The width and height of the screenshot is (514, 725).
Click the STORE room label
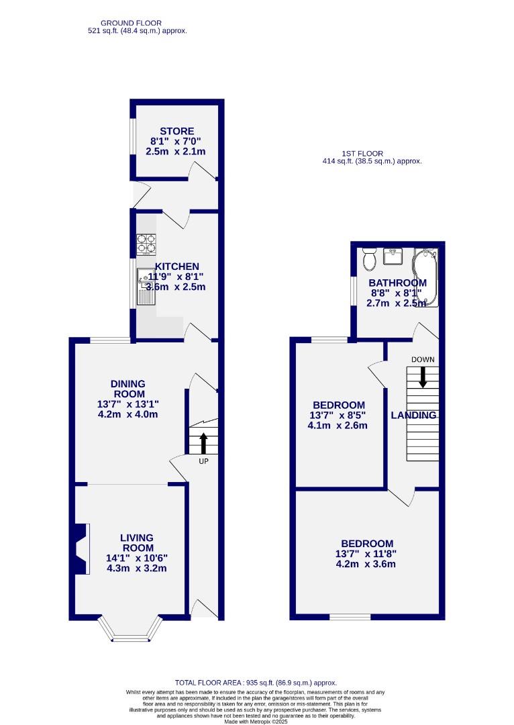(176, 132)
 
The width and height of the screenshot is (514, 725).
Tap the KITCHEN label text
(176, 267)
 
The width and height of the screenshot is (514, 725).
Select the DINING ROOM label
(127, 389)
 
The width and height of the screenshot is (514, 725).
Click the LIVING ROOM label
(136, 542)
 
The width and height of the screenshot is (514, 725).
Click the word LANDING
(413, 416)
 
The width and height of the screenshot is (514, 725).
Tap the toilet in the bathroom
(368, 258)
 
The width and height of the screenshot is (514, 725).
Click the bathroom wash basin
(393, 256)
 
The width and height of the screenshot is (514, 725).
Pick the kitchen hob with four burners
(146, 244)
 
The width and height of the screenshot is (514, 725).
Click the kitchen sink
(146, 277)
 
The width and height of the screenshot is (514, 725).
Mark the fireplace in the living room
(81, 549)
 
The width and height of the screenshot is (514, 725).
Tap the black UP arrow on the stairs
(203, 444)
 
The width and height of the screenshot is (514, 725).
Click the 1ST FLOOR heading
(372, 153)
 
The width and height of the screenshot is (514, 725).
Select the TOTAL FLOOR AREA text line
(256, 682)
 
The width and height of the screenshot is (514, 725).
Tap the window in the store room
(133, 138)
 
